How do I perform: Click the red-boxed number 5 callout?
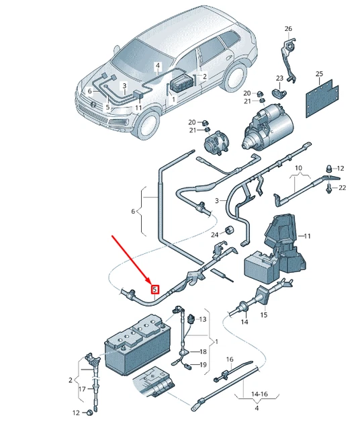click(x=155, y=289)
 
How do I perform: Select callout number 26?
click(x=288, y=28)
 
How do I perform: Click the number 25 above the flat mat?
click(x=320, y=73)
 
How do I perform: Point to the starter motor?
click(x=269, y=126)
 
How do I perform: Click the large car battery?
click(x=138, y=345)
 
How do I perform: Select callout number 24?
click(x=215, y=234)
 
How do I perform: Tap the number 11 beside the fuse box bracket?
click(x=308, y=236)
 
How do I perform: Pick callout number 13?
click(x=203, y=319)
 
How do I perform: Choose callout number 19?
click(x=203, y=365)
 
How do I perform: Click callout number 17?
click(x=82, y=389)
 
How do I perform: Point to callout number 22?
click(x=342, y=187)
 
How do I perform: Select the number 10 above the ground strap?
click(x=298, y=167)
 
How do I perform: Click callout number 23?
click(x=279, y=78)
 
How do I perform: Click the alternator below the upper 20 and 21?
click(x=216, y=142)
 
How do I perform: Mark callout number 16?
click(x=230, y=359)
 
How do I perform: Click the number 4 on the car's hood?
click(x=158, y=66)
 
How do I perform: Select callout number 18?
click(x=203, y=351)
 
